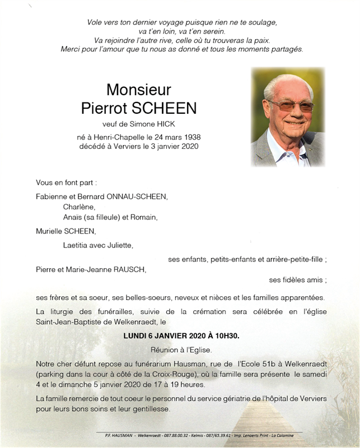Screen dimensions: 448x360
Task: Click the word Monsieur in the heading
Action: coord(138,90)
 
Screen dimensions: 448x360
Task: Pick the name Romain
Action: coord(145,217)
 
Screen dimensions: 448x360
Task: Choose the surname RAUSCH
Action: coord(129,270)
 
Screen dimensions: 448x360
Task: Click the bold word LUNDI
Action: coord(135,335)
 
